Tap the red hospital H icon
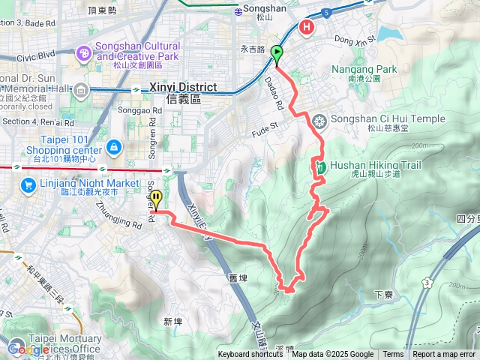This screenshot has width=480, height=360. coord(307,28)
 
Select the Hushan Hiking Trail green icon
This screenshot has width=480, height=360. coord(320,166)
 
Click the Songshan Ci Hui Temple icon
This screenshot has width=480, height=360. coord(319,120)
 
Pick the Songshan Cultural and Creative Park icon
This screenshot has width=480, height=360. coord(84,52)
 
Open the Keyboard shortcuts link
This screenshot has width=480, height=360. coord(250,355)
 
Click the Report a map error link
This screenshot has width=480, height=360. coord(444,355)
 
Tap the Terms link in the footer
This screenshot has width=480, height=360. coord(393,355)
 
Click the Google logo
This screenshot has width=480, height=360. coord(28,349)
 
